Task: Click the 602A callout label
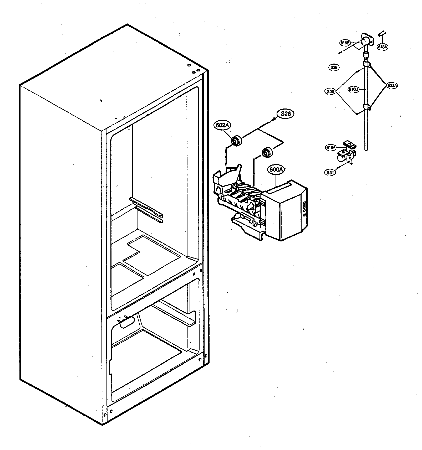pyautogui.click(x=222, y=125)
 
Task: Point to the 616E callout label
pyautogui.click(x=345, y=43)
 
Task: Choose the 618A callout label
pyautogui.click(x=382, y=47)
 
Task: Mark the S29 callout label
pyautogui.click(x=334, y=68)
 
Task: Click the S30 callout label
pyautogui.click(x=330, y=92)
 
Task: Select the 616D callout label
pyautogui.click(x=353, y=89)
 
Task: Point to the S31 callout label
pyautogui.click(x=330, y=173)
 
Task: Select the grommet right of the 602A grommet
pyautogui.click(x=268, y=152)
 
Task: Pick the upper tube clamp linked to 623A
pyautogui.click(x=367, y=64)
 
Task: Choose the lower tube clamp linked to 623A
pyautogui.click(x=367, y=107)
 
